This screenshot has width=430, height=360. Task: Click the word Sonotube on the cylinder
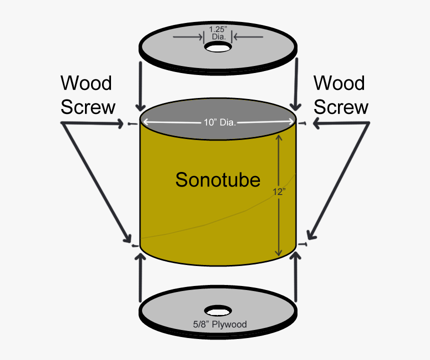pyautogui.click(x=217, y=179)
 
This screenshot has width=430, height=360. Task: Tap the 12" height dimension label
pyautogui.click(x=278, y=191)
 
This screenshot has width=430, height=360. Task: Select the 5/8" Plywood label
pyautogui.click(x=220, y=325)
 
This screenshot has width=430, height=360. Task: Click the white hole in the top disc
pyautogui.click(x=218, y=47)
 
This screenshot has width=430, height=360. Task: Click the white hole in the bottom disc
pyautogui.click(x=217, y=310)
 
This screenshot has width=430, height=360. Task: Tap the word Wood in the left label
pyautogui.click(x=86, y=83)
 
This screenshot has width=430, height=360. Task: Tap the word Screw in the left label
pyautogui.click(x=88, y=107)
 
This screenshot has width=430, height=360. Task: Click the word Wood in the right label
pyautogui.click(x=339, y=83)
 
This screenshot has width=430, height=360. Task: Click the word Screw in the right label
pyautogui.click(x=341, y=107)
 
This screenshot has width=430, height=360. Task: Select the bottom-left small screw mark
pyautogui.click(x=133, y=245)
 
